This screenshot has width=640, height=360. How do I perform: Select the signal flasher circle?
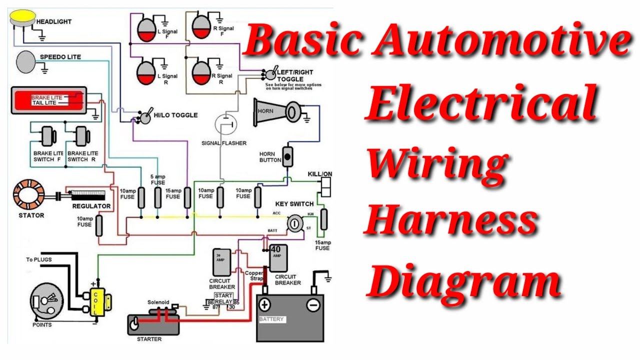226,124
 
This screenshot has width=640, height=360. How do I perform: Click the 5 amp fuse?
157,197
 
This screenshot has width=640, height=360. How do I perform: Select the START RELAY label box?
223,298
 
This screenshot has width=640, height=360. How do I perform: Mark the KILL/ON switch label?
320,174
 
